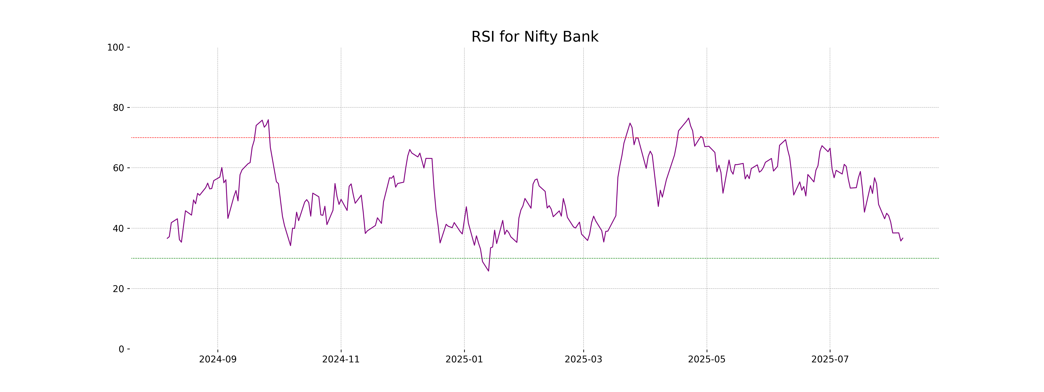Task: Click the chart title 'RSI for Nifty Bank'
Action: pyautogui.click(x=535, y=37)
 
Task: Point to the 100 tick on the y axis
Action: pyautogui.click(x=115, y=47)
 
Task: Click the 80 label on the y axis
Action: pyautogui.click(x=118, y=108)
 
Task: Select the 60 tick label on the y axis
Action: pyautogui.click(x=118, y=168)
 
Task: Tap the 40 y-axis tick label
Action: pyautogui.click(x=118, y=228)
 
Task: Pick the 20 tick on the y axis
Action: pyautogui.click(x=118, y=289)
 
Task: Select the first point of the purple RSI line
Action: pyautogui.click(x=167, y=238)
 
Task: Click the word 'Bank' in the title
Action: pyautogui.click(x=583, y=37)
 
